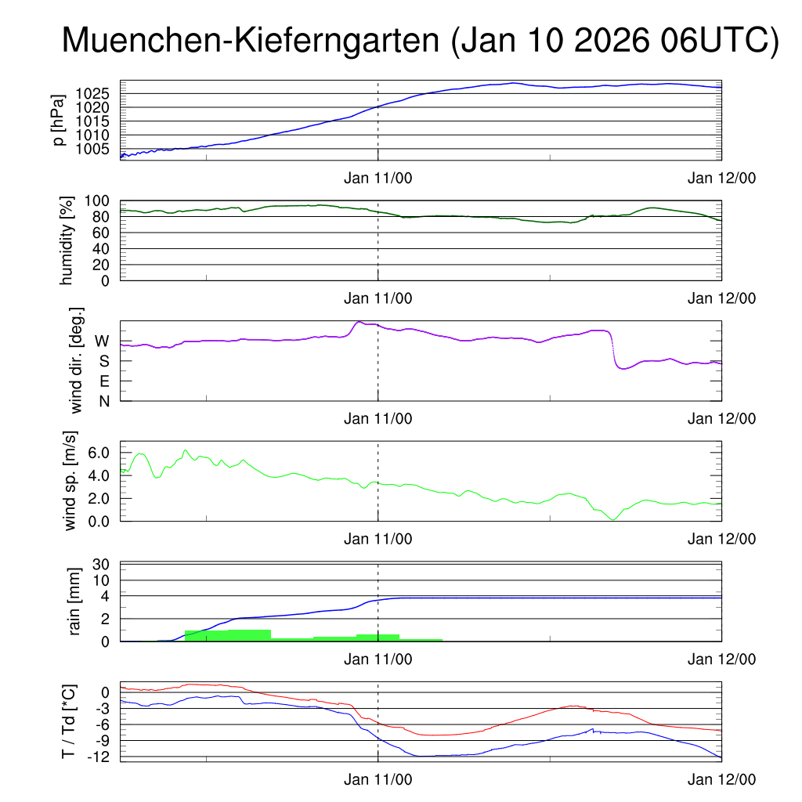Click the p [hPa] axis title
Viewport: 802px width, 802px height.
click(59, 120)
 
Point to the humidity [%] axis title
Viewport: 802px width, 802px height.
click(67, 240)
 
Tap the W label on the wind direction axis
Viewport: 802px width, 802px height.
click(102, 341)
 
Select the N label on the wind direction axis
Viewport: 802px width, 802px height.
click(103, 401)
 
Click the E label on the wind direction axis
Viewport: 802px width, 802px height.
click(103, 381)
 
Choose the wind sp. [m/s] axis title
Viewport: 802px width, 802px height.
click(70, 481)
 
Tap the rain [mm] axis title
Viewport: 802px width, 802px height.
click(75, 601)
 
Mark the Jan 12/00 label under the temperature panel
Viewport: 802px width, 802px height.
click(721, 779)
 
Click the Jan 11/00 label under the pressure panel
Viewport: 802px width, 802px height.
click(378, 178)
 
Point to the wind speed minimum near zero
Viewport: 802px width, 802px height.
click(612, 519)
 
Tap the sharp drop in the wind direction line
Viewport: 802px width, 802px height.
click(612, 349)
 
